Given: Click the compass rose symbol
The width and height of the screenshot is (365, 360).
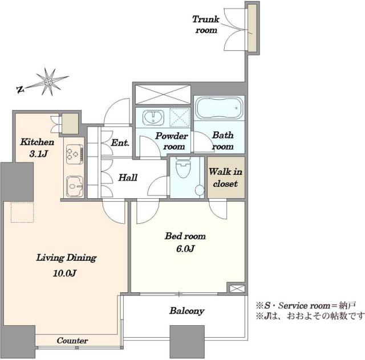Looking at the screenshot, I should click(48, 83).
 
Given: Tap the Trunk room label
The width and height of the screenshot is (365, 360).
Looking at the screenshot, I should click(206, 24).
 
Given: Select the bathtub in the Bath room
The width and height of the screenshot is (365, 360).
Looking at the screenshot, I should click(220, 107).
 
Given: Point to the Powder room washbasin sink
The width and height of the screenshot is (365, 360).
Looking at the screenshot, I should click(153, 117).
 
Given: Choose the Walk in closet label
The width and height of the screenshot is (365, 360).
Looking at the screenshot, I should click(225, 177).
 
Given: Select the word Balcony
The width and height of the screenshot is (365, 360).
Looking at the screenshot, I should click(186, 311).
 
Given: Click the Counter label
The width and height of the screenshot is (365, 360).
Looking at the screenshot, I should click(72, 341).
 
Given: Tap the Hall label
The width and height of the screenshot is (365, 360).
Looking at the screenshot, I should click(127, 178).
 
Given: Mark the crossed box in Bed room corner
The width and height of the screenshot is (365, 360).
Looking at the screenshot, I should click(235, 288).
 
